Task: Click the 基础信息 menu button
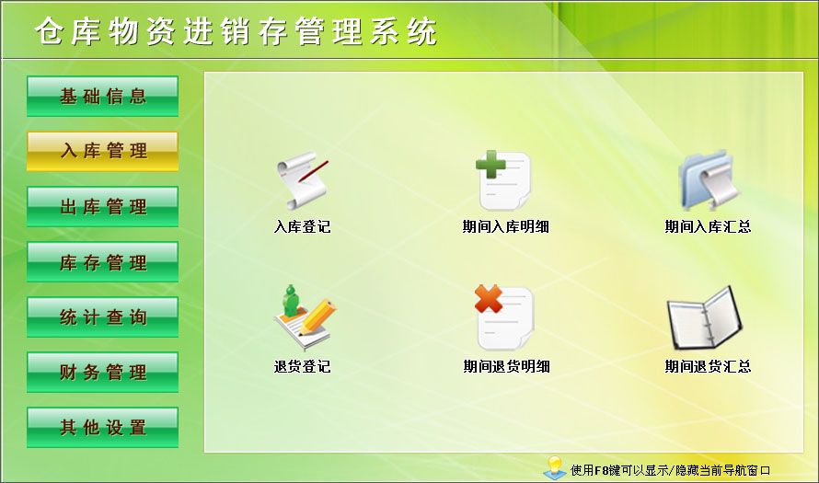point(102,96)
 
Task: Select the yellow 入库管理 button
point(102,151)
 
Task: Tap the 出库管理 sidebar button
point(102,206)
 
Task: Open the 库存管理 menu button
point(102,262)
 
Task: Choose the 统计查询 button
point(102,317)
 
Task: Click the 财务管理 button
point(102,373)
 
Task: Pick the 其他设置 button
point(102,428)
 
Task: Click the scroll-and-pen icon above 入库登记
point(301,182)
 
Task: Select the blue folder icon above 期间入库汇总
point(707,180)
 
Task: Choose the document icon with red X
point(503,318)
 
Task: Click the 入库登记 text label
point(302,226)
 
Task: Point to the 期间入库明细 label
point(505,226)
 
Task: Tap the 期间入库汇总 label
point(708,226)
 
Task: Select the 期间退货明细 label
point(506,366)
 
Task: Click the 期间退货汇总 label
point(708,366)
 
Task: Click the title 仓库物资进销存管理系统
point(236,32)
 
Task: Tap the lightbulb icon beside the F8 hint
point(554,467)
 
